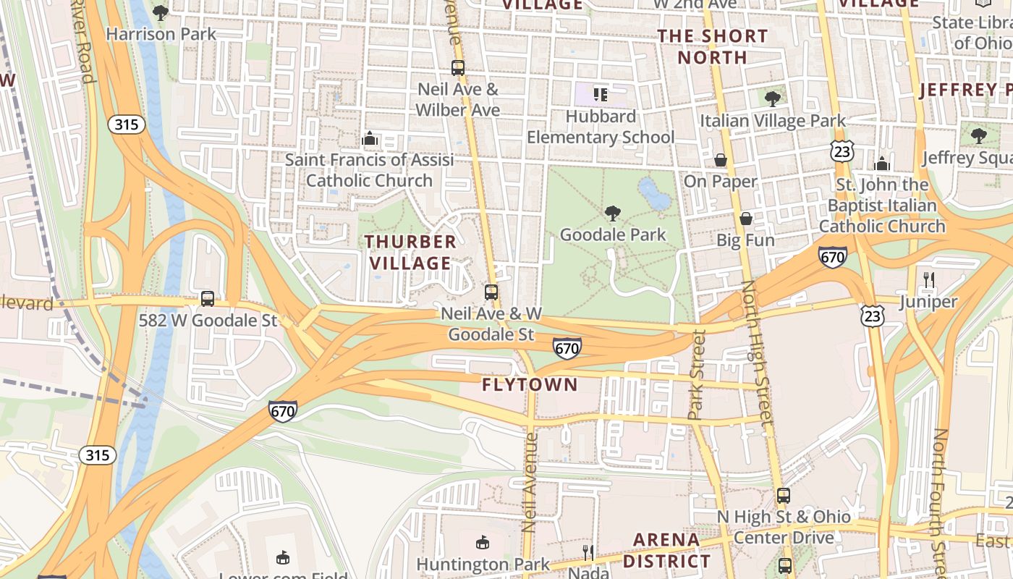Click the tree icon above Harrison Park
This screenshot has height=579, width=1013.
[x=161, y=12]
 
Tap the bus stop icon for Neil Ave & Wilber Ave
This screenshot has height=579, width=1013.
[x=457, y=68]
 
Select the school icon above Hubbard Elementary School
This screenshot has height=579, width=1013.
[x=600, y=94]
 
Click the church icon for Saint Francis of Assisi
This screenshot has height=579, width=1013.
[x=370, y=138]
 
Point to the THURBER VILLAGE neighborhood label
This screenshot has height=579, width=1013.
[x=410, y=252]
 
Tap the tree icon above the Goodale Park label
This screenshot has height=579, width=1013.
[x=613, y=213]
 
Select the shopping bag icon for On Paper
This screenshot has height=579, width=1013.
[x=721, y=160]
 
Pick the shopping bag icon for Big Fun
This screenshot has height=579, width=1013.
[x=746, y=219]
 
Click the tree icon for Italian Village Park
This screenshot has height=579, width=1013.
[x=772, y=98]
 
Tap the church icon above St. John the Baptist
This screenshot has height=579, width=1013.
[x=882, y=164]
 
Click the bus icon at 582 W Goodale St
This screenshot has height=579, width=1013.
[x=208, y=298]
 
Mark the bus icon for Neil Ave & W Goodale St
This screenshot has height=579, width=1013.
[x=491, y=292]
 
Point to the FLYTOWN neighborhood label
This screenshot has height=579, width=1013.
[x=530, y=385]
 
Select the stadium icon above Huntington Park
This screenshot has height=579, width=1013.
[x=483, y=542]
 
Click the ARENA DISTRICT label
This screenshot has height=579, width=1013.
[x=666, y=550]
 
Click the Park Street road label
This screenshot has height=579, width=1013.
[x=697, y=375]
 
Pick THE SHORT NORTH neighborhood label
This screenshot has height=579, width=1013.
[x=713, y=46]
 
